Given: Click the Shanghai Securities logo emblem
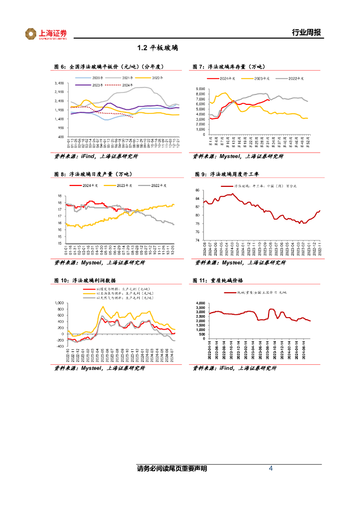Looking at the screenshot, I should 31,34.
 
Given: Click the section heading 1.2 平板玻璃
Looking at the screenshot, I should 157,49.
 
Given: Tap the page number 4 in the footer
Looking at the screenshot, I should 270,469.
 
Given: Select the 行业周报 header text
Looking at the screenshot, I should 306,33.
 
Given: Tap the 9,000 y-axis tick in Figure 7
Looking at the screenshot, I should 200,88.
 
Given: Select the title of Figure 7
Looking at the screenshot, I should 229,66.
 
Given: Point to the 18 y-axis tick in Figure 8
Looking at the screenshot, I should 60,195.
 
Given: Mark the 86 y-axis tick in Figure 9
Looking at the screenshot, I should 197,190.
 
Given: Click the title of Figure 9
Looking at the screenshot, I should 229,174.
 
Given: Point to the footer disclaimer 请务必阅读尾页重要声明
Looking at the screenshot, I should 172,469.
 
